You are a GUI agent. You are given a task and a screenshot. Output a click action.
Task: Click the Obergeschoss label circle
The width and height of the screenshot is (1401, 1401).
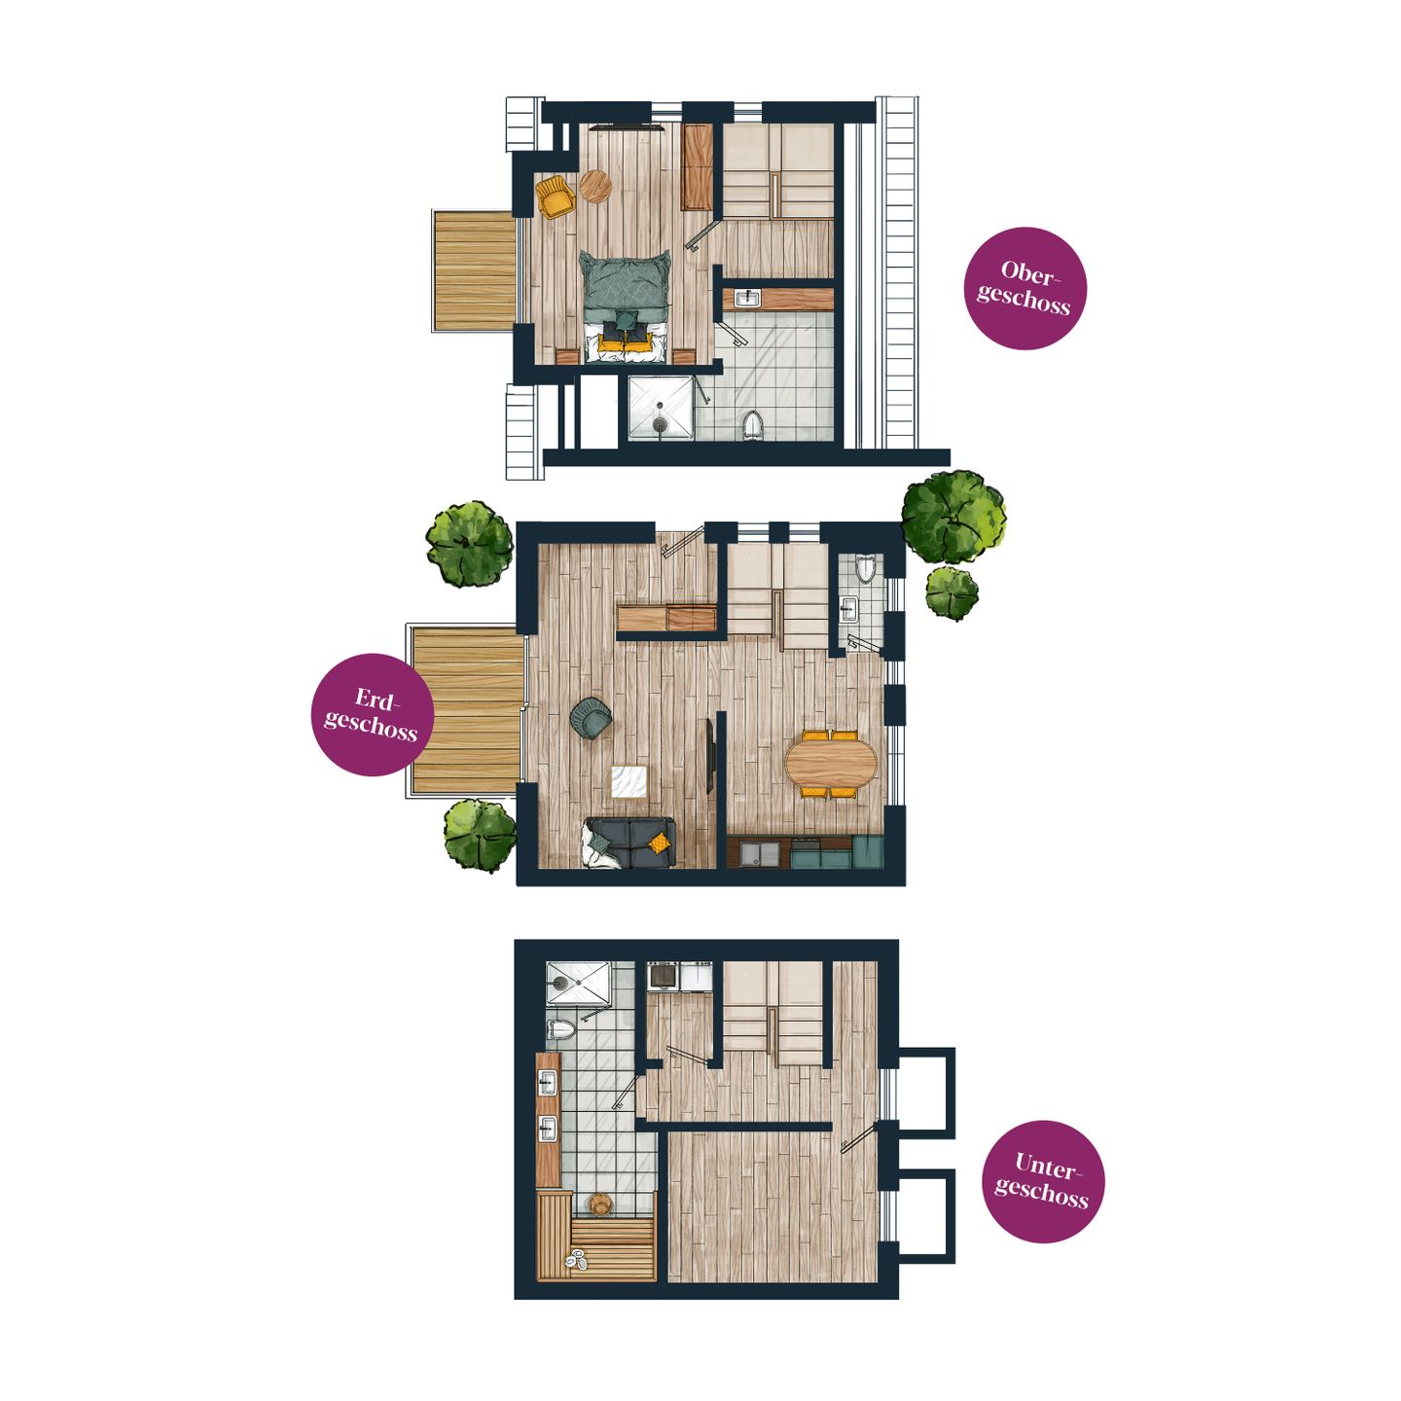coord(1024,289)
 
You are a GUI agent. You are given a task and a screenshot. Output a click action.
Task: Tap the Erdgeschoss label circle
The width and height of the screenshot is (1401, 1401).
coord(372,715)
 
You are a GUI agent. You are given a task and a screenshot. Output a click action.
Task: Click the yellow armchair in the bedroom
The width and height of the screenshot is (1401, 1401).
coord(556,196)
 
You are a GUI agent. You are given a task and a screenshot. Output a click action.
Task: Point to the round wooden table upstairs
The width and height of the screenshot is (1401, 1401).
coord(595,187)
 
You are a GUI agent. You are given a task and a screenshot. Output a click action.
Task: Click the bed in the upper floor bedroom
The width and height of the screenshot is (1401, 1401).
coord(626,305)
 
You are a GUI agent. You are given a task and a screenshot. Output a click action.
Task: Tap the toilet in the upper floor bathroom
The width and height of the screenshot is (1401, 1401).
coord(752,424)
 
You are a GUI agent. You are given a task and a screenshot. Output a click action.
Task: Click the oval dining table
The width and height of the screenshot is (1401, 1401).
coord(832,765)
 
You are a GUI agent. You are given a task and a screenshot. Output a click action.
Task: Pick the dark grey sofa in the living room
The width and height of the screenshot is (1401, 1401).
coord(629,843)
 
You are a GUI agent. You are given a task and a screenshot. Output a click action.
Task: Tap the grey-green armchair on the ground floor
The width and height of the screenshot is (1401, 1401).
coord(592,717)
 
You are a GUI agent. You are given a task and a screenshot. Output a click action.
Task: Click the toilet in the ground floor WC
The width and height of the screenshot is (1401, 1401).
coord(866,568)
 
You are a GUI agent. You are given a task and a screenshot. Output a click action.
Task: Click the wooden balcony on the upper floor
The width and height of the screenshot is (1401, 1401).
coord(474,270)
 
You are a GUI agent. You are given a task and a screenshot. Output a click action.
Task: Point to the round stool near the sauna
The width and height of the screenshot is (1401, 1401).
coord(600,1204)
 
